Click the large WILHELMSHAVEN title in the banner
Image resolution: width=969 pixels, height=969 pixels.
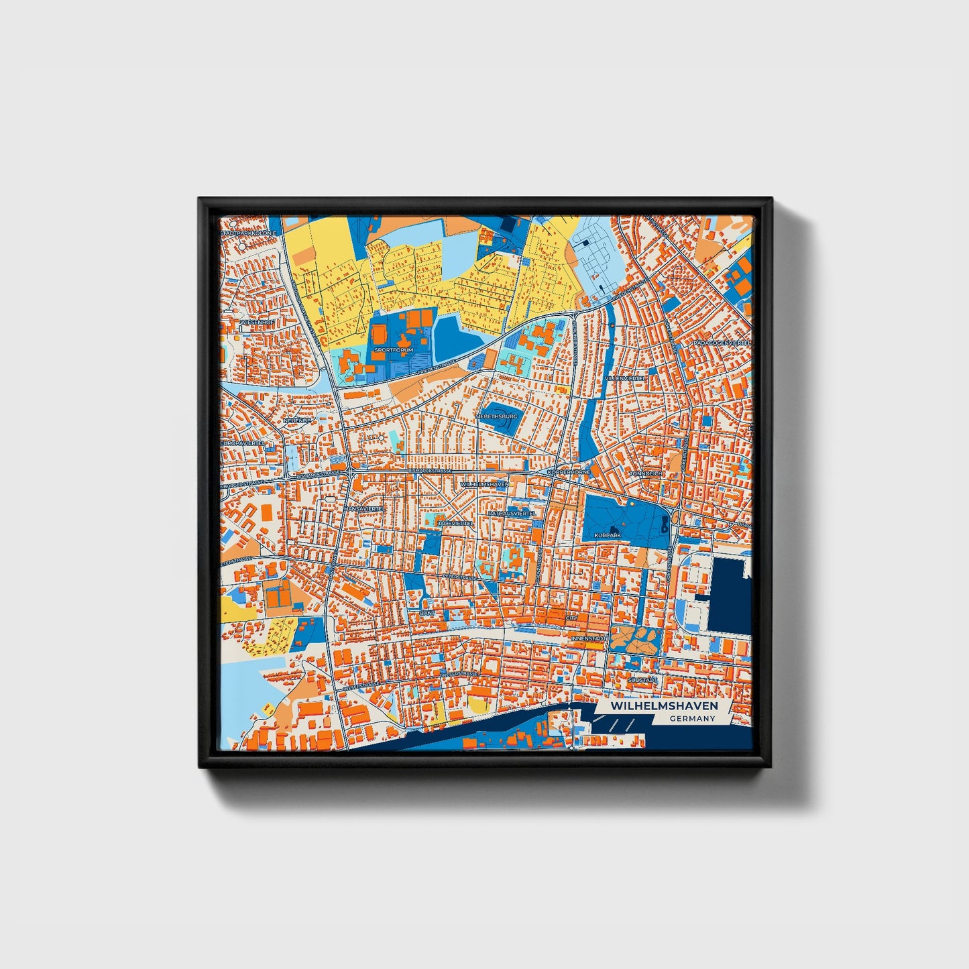(x=664, y=706)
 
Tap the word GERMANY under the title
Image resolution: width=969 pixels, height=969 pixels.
(x=692, y=719)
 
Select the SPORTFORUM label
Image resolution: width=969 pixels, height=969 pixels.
(x=394, y=350)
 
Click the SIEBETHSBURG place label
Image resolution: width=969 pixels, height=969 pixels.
(x=496, y=416)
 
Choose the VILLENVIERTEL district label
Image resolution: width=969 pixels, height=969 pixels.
(x=625, y=378)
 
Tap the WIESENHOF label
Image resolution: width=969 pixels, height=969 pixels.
(x=256, y=323)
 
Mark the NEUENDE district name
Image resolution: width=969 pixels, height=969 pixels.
(x=297, y=420)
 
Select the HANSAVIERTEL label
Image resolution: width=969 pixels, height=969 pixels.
(x=362, y=509)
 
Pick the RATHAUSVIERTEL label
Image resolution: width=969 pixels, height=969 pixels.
(x=512, y=513)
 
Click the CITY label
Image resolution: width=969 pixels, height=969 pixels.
(x=571, y=618)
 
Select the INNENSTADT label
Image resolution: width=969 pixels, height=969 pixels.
(x=588, y=638)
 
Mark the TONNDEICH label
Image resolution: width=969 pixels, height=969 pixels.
(x=646, y=473)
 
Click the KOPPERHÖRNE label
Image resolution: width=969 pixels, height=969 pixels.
(x=569, y=472)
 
